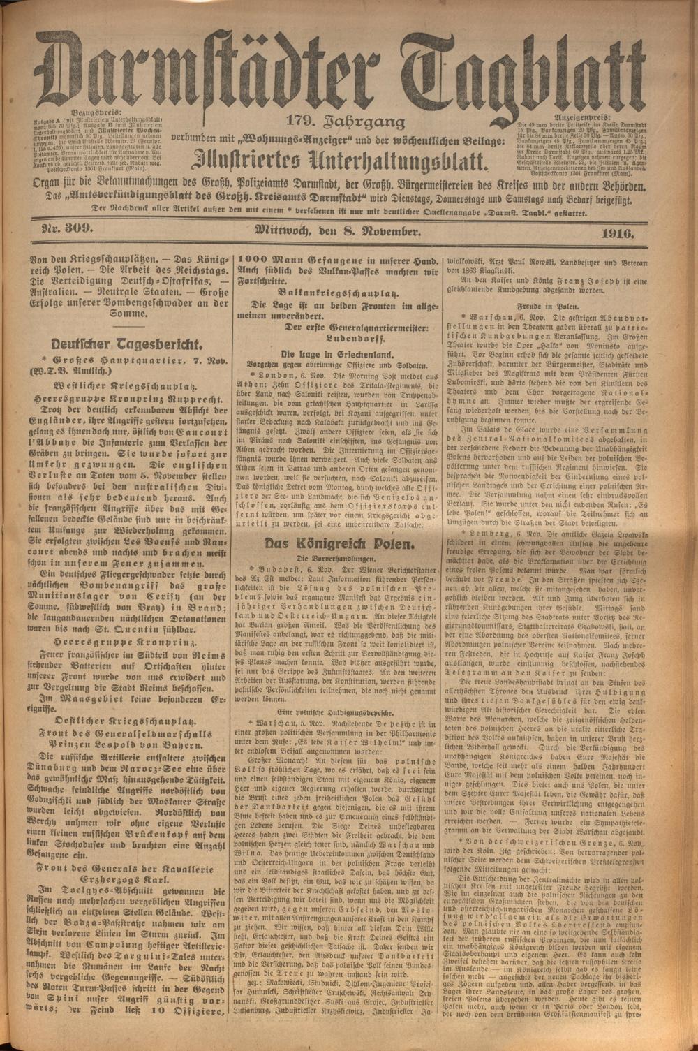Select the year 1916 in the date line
tap(615, 233)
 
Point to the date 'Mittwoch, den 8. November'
tap(336, 231)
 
